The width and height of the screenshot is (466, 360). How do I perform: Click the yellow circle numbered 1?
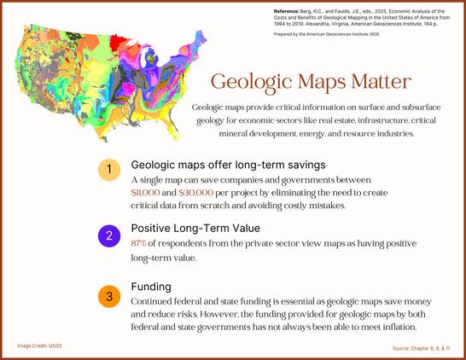click(x=109, y=170)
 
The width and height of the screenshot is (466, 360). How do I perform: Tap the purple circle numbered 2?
click(x=109, y=235)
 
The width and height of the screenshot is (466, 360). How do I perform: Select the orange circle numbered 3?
click(x=109, y=296)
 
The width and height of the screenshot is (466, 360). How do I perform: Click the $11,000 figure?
click(x=145, y=193)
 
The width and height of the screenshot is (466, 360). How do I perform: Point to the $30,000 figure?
click(x=196, y=193)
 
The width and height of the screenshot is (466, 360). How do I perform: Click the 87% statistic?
click(x=138, y=244)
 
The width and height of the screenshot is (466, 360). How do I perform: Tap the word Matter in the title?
click(x=381, y=82)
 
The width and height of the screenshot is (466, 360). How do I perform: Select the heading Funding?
click(x=151, y=287)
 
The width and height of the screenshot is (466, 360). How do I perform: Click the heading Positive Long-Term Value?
click(x=195, y=228)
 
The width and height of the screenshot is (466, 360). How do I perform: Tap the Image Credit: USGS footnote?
click(x=39, y=345)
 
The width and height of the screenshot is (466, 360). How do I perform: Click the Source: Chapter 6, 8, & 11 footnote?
click(x=421, y=348)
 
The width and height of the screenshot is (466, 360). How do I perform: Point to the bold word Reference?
click(x=286, y=11)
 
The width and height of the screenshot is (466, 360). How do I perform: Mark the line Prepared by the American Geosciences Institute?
click(x=327, y=34)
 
